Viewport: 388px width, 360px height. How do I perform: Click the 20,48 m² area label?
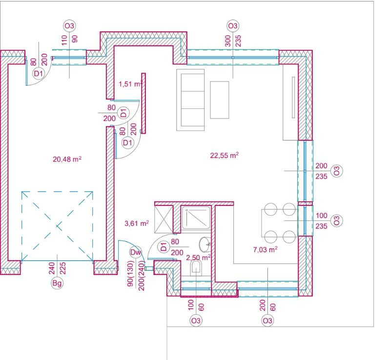pyautogui.click(x=67, y=159)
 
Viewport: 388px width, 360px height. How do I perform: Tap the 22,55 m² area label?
pyautogui.click(x=224, y=155)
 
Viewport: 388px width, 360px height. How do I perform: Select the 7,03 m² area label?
pyautogui.click(x=265, y=249)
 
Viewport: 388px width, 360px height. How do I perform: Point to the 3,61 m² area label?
pyautogui.click(x=137, y=223)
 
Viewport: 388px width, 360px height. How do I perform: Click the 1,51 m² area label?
pyautogui.click(x=130, y=84)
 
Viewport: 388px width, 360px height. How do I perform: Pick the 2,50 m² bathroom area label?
pyautogui.click(x=198, y=258)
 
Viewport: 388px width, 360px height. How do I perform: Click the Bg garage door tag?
pyautogui.click(x=57, y=283)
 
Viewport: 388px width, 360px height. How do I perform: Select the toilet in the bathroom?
pyautogui.click(x=196, y=269)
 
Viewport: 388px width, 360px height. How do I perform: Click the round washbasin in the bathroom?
pyautogui.click(x=205, y=244)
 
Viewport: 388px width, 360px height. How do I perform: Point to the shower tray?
pyautogui.click(x=196, y=218)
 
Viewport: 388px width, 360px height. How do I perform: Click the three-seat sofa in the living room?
pyautogui.click(x=190, y=100)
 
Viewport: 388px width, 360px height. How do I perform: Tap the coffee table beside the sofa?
pyautogui.click(x=220, y=100)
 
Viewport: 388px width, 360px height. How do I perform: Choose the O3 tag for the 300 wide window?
pyautogui.click(x=233, y=26)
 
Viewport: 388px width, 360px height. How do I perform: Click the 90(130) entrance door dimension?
pyautogui.click(x=130, y=274)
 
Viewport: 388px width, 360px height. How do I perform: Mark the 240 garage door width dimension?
pyautogui.click(x=52, y=268)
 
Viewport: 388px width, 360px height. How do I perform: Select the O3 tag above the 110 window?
pyautogui.click(x=69, y=26)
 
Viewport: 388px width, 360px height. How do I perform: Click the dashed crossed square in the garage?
pyautogui.click(x=57, y=226)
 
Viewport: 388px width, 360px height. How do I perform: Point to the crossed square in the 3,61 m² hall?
pyautogui.click(x=163, y=219)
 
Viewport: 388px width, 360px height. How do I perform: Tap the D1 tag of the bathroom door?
pyautogui.click(x=164, y=247)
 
